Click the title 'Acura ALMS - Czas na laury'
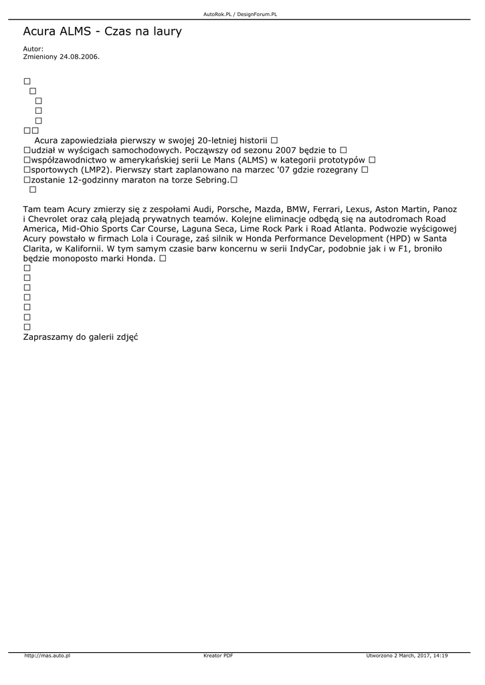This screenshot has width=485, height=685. [x=102, y=31]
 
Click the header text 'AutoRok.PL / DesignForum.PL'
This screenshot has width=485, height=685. [x=240, y=14]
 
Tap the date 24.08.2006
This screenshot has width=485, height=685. [x=79, y=57]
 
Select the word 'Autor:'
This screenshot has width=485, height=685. [x=33, y=49]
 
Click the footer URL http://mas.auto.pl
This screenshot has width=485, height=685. [x=47, y=656]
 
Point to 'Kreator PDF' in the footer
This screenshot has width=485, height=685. [x=218, y=656]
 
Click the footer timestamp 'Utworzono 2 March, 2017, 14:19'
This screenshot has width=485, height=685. [x=407, y=656]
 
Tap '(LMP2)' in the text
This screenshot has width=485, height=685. [x=95, y=170]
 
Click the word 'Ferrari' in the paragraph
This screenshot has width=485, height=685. [x=326, y=209]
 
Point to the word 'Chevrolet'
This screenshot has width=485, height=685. [x=51, y=219]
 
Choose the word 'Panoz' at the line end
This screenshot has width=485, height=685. [x=445, y=209]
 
